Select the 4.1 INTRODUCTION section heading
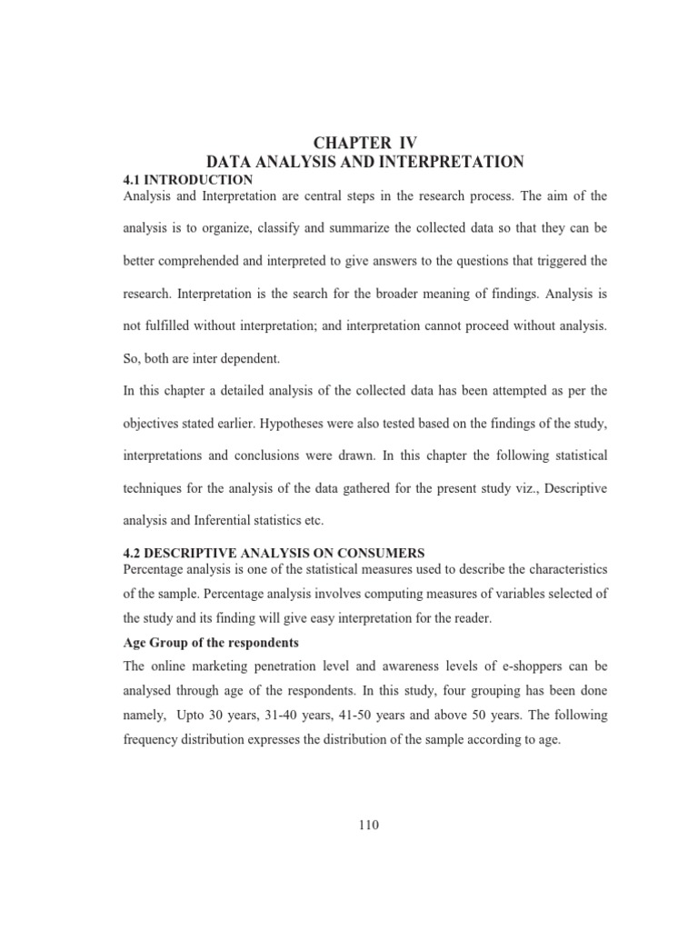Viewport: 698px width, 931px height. coord(187,180)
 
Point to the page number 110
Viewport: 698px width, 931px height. coord(368,826)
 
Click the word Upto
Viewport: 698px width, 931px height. coord(192,715)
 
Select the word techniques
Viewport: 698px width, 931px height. coord(155,487)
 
